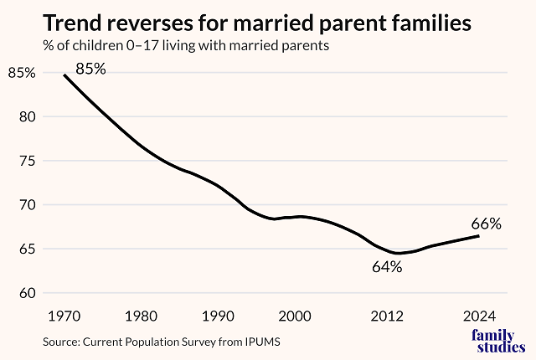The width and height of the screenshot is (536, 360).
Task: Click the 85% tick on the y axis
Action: pos(23,73)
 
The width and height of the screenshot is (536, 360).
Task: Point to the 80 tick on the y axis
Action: pos(26,117)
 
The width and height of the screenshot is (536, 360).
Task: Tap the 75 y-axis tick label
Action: pos(26,161)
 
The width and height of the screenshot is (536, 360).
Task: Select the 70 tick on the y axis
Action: pos(26,205)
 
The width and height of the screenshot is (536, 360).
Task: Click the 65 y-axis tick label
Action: pos(26,249)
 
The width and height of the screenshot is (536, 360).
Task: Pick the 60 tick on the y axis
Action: pos(26,293)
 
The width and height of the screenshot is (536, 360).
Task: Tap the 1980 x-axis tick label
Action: pos(141,316)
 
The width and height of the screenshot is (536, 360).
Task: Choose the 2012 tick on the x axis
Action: pos(388,316)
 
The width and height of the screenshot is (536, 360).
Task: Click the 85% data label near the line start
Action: pos(90,69)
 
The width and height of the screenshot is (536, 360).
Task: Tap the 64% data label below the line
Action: pos(388,268)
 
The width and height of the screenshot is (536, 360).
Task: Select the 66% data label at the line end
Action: pos(485,224)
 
